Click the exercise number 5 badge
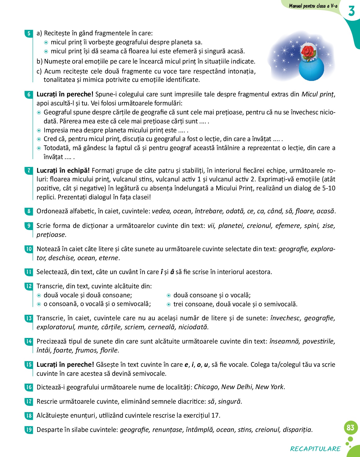[29, 33]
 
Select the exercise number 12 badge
[29, 286]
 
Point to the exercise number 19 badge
[29, 430]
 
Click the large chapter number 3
[351, 11]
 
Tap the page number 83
[350, 428]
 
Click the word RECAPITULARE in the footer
[315, 449]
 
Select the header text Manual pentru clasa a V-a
[313, 6]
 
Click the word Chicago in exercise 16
[206, 387]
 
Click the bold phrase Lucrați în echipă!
[63, 170]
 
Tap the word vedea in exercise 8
[161, 211]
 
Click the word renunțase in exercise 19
[167, 430]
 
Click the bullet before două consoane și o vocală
[169, 295]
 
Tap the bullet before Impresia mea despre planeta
[39, 131]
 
